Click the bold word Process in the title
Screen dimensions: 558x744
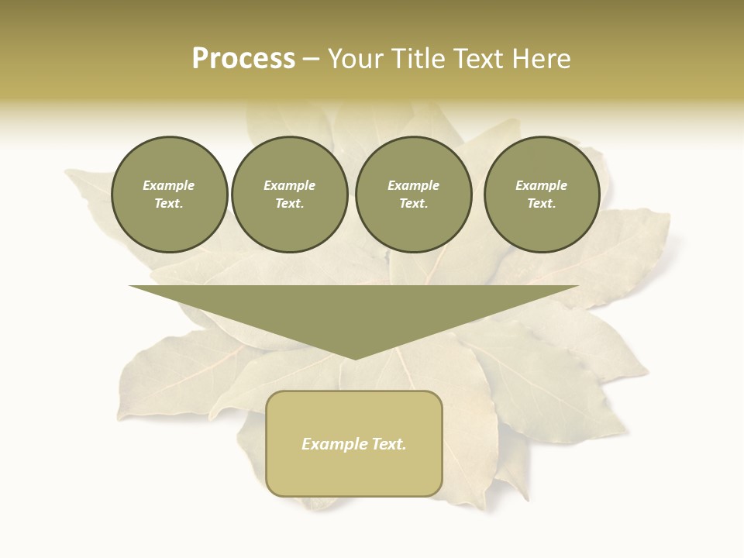pos(243,59)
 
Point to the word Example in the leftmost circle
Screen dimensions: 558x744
pos(169,185)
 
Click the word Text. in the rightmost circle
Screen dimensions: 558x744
pos(542,204)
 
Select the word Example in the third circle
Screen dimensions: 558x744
pos(414,185)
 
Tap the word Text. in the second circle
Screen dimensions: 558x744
pos(290,204)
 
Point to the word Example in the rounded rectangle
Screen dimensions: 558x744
pos(332,444)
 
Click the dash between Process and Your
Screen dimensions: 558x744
pos(311,59)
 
